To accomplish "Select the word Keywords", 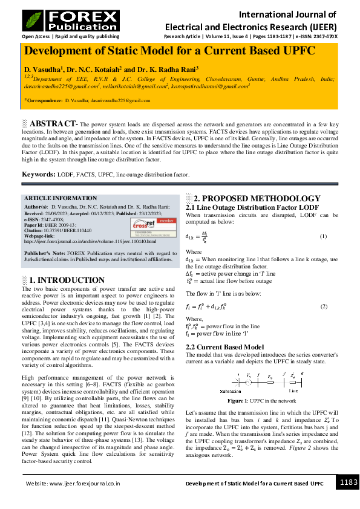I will tap(39, 174).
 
